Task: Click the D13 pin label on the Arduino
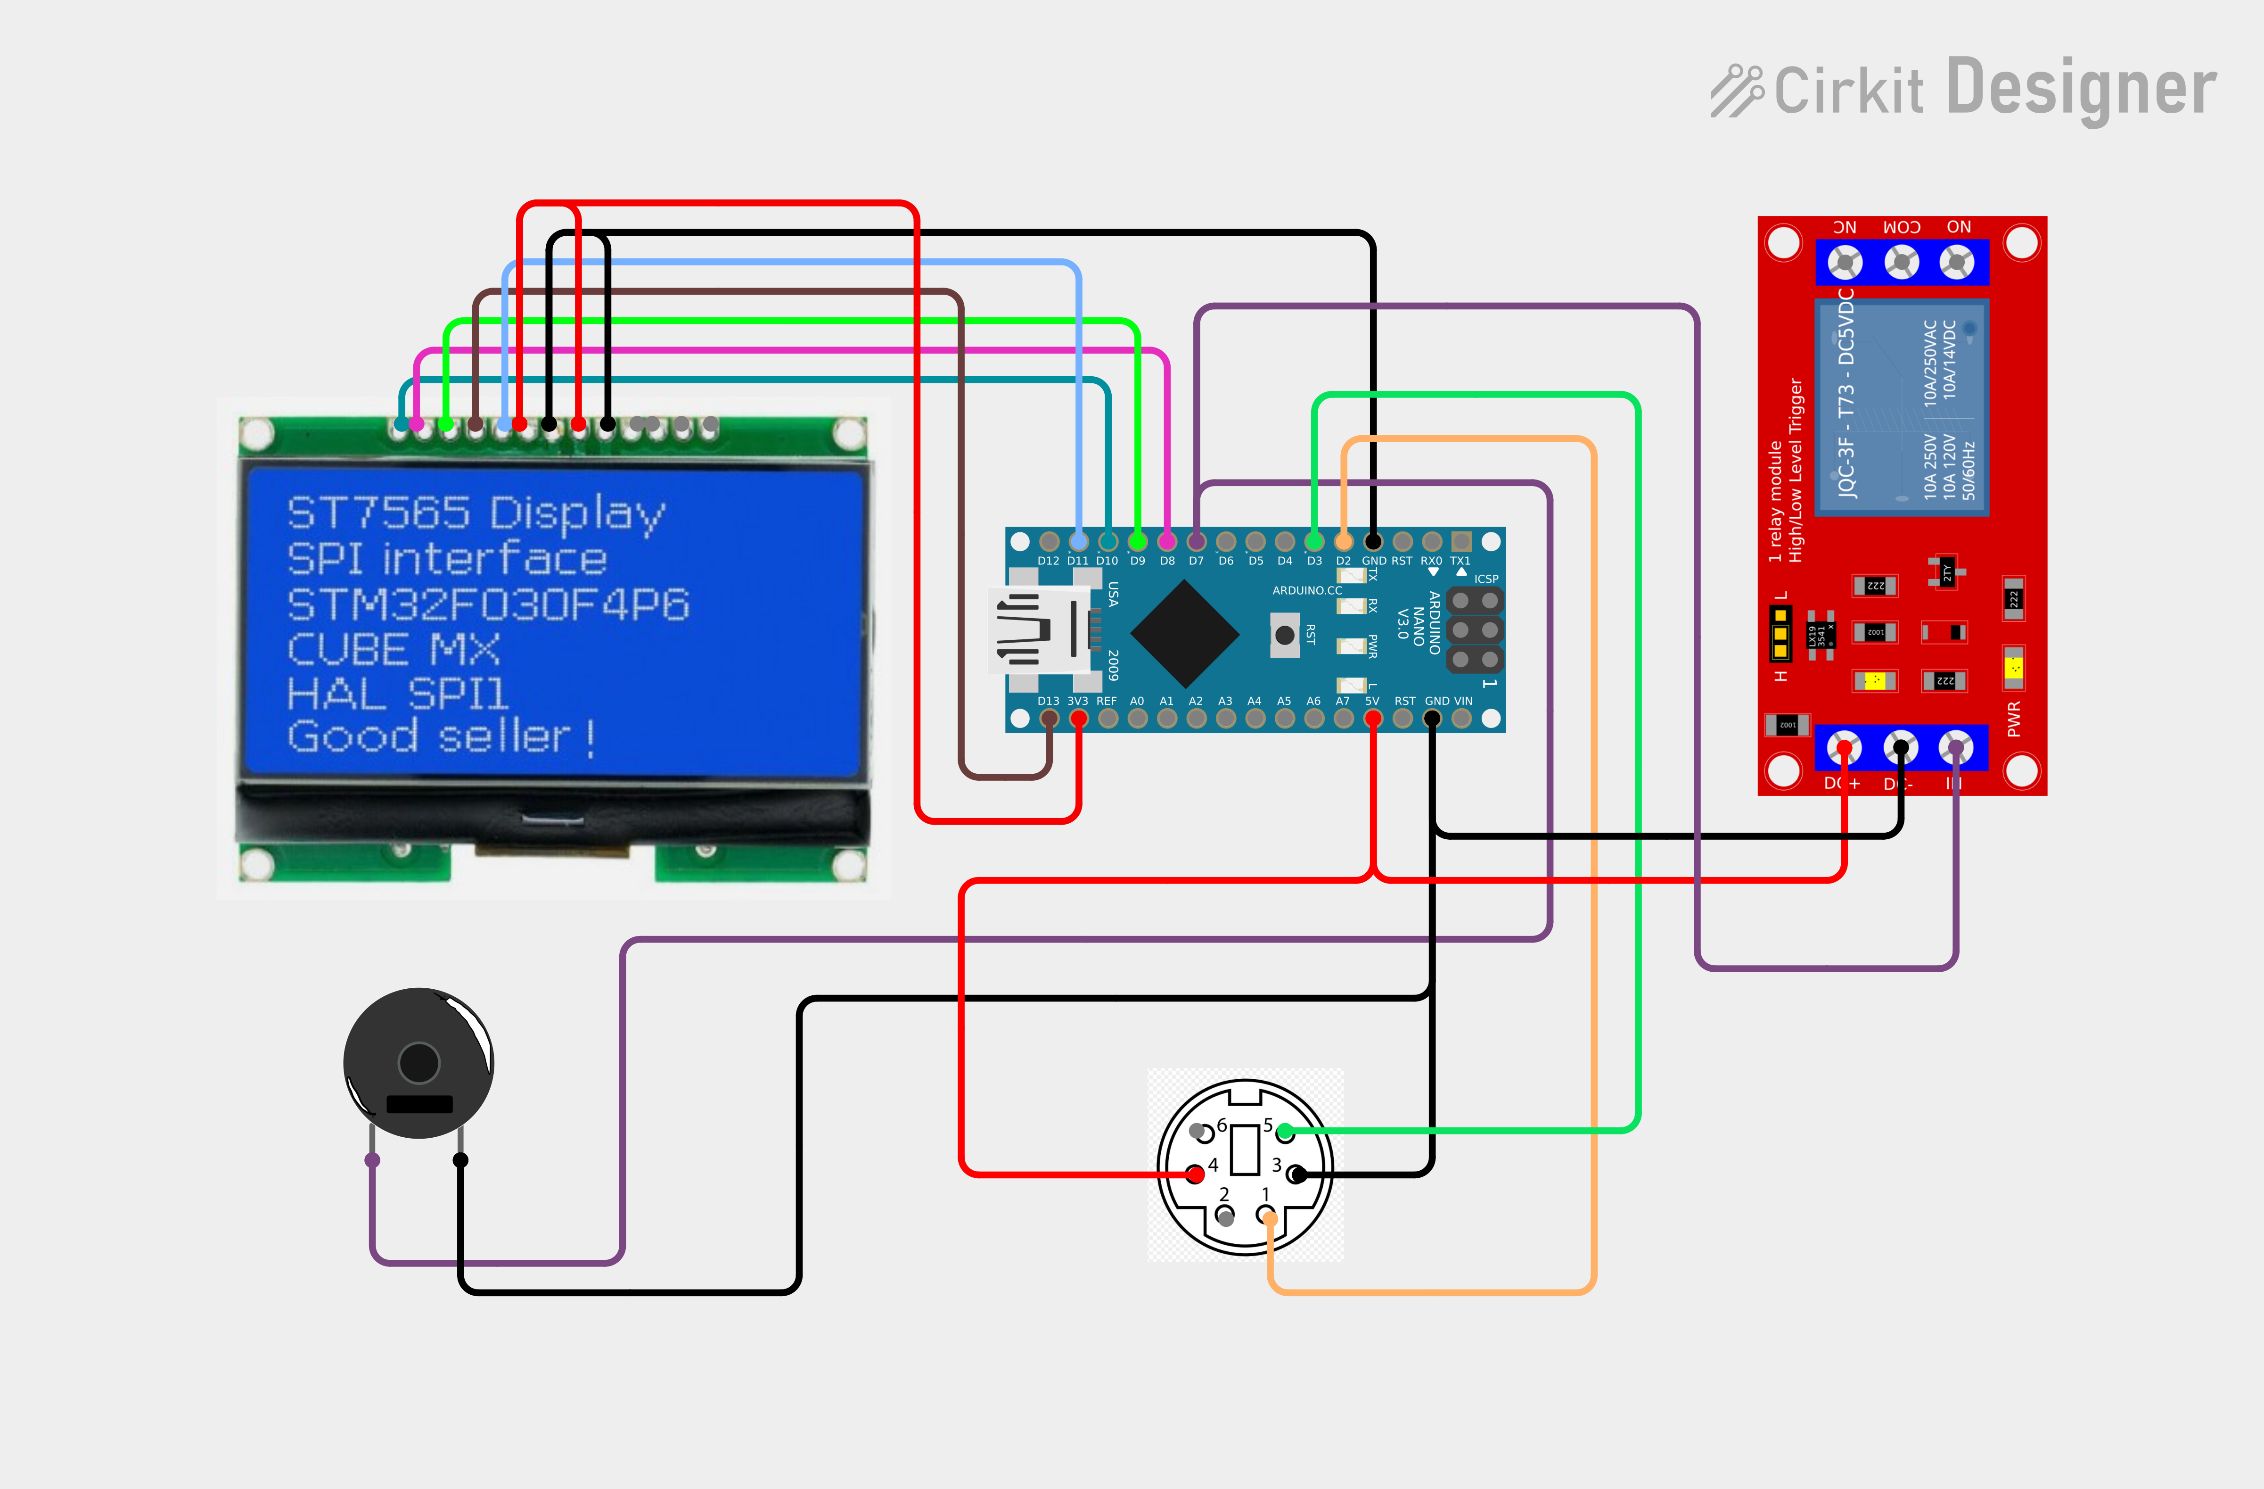point(1048,701)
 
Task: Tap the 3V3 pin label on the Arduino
point(1078,701)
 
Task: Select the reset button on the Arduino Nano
point(1284,635)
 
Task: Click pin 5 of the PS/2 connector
point(1285,1131)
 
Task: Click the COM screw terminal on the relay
point(1902,262)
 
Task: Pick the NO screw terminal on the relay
point(1957,262)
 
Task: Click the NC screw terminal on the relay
point(1846,262)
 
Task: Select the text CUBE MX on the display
point(394,650)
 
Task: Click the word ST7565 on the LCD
point(378,513)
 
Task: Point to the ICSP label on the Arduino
point(1486,579)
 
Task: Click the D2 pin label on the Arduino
point(1343,562)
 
